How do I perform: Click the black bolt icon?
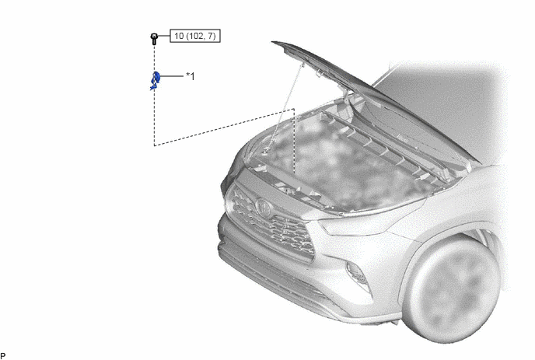(x=154, y=39)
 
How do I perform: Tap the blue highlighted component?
(x=156, y=81)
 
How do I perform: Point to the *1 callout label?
(x=191, y=76)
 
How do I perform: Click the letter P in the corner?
(x=3, y=356)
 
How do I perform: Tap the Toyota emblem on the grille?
(x=263, y=208)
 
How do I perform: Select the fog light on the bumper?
(x=357, y=273)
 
